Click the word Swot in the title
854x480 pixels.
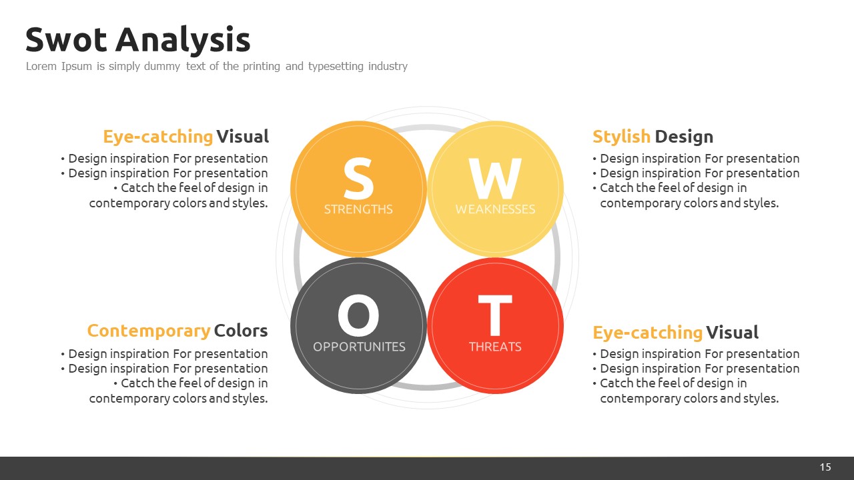pyautogui.click(x=66, y=39)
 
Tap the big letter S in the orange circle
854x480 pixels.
pyautogui.click(x=358, y=179)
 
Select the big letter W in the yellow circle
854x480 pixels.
pyautogui.click(x=495, y=179)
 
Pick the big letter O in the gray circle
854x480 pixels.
pyautogui.click(x=358, y=315)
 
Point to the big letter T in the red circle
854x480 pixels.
pyautogui.click(x=495, y=315)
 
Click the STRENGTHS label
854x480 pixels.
pyautogui.click(x=358, y=209)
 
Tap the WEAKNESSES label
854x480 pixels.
pyautogui.click(x=495, y=209)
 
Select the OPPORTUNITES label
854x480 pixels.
pyautogui.click(x=359, y=347)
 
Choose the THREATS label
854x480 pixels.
pyautogui.click(x=495, y=347)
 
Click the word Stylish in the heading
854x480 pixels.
pyautogui.click(x=621, y=137)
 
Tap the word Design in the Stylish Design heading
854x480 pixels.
pyautogui.click(x=684, y=137)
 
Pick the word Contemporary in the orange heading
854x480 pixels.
pyautogui.click(x=149, y=331)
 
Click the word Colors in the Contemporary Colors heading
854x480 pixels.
pyautogui.click(x=241, y=331)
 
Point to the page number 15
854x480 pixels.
pyautogui.click(x=825, y=467)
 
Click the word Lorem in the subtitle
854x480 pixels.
pyautogui.click(x=41, y=66)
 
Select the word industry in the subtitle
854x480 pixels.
pyautogui.click(x=388, y=67)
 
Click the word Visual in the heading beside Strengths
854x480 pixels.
pyautogui.click(x=242, y=137)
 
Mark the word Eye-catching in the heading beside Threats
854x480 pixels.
pyautogui.click(x=647, y=333)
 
